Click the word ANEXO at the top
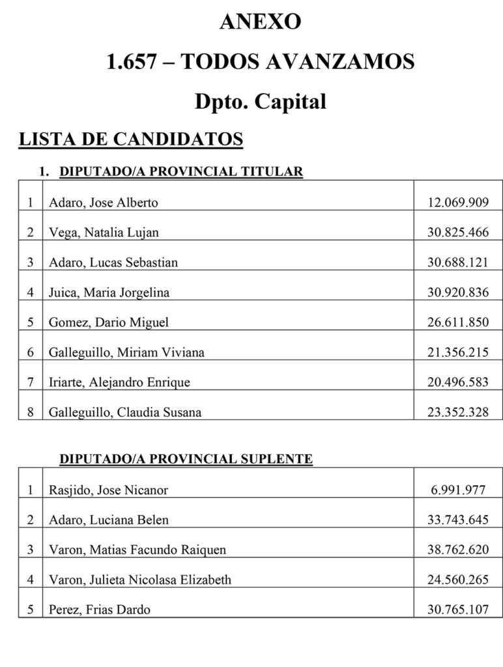(260, 22)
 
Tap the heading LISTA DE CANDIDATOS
(131, 139)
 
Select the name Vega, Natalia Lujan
(104, 233)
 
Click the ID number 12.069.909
(457, 203)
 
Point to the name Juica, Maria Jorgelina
(109, 292)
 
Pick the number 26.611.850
(457, 322)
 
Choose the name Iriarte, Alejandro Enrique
(119, 382)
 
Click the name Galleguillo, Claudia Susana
(125, 412)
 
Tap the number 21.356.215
(457, 352)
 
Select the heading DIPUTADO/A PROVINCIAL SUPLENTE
(186, 459)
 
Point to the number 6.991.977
(457, 490)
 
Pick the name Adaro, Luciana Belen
(108, 520)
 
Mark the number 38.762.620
(457, 550)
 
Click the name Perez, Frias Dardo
(99, 610)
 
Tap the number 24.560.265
(457, 580)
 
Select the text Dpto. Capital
(260, 102)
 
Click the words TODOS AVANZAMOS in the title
(297, 62)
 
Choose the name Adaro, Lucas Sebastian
(113, 263)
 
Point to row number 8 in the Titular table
(30, 412)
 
